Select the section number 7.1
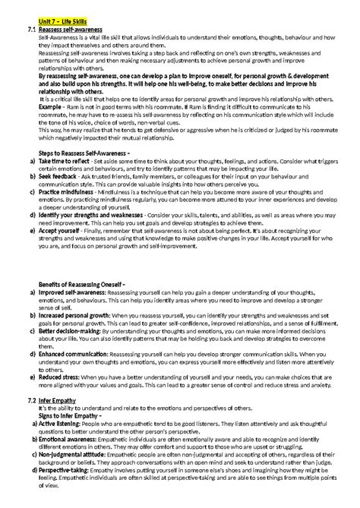coord(30,28)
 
